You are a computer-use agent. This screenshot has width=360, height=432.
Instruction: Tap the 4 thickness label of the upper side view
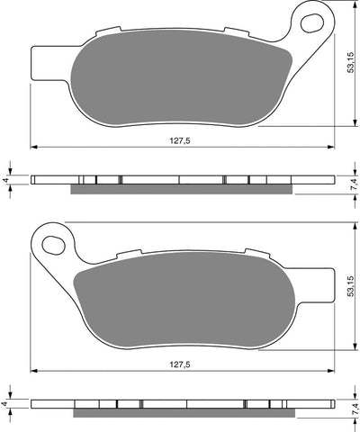[x=6, y=181]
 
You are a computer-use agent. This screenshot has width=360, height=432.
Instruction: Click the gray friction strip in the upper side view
[x=180, y=188]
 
